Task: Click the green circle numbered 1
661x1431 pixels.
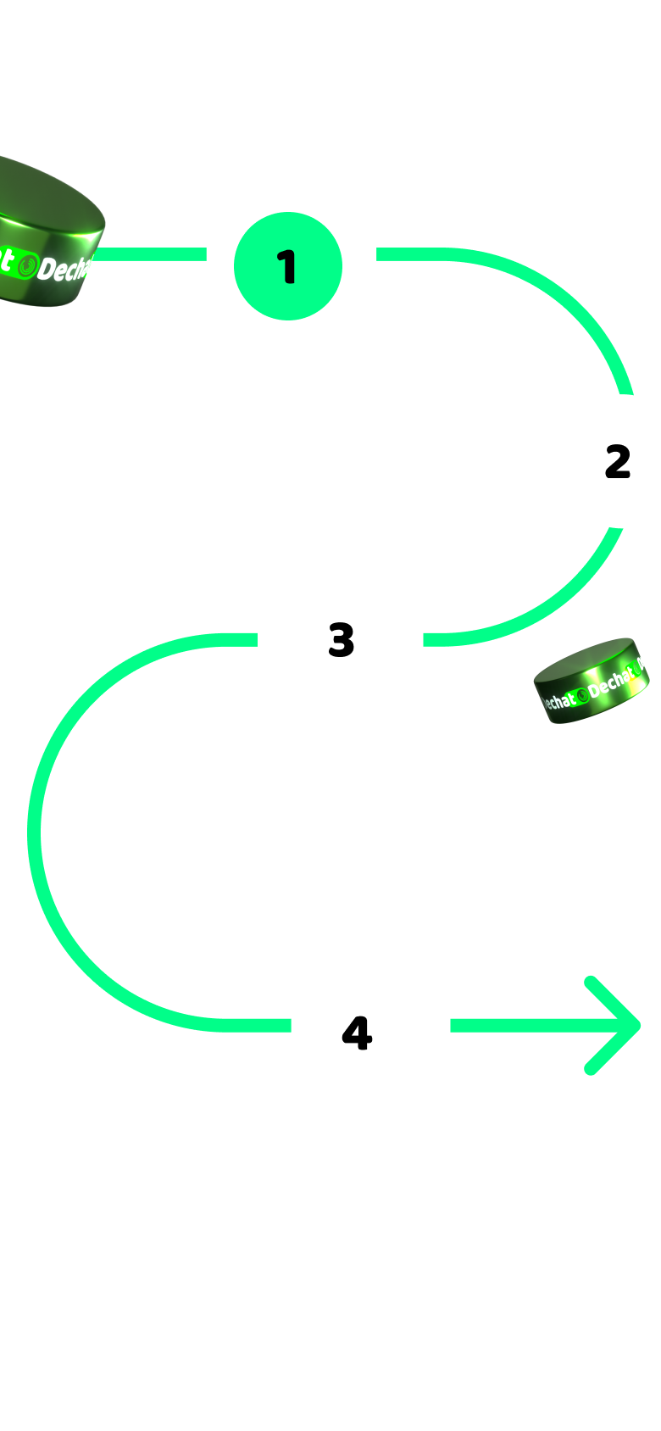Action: (288, 266)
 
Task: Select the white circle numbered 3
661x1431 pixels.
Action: (342, 639)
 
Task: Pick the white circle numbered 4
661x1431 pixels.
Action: (358, 1033)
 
